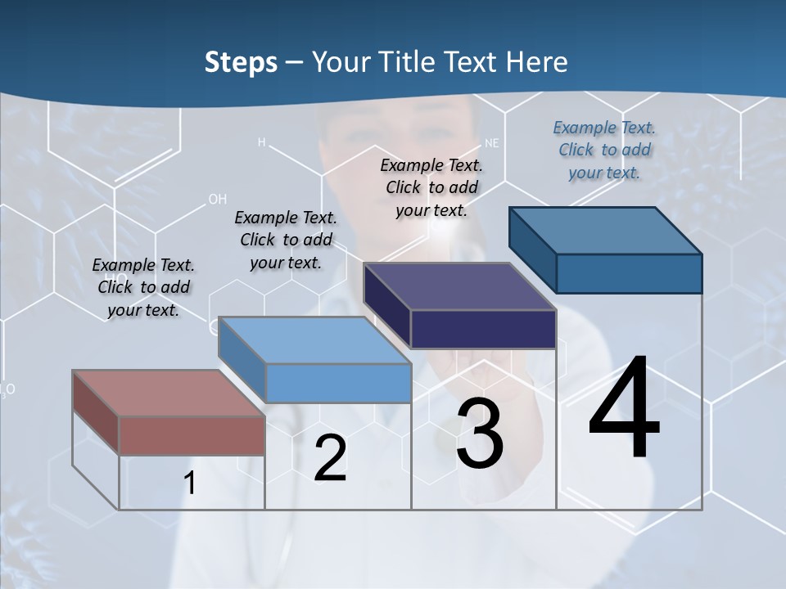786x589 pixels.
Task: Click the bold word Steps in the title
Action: pos(241,62)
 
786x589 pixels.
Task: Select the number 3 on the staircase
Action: pos(480,434)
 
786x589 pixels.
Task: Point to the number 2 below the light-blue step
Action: pos(331,458)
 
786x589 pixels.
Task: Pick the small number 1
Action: pos(190,483)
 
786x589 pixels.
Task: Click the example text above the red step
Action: pos(143,287)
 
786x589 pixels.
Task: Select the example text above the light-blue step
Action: pos(286,240)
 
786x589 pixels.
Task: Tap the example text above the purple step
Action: pos(431,187)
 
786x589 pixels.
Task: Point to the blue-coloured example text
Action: pos(604,150)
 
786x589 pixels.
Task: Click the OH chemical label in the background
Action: pos(217,199)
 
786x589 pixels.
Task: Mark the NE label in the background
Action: pos(491,142)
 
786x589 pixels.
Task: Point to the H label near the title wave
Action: pos(262,142)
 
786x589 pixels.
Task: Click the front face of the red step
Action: pos(192,435)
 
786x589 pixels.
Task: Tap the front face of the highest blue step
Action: pos(629,273)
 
